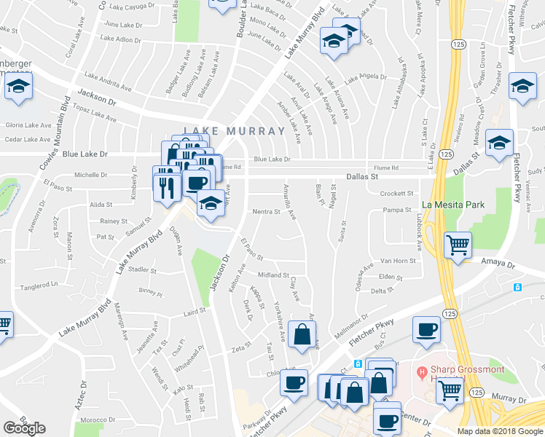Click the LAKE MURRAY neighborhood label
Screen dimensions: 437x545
(x=234, y=131)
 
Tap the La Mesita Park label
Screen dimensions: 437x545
(x=453, y=205)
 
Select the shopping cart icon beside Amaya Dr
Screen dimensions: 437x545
(x=458, y=246)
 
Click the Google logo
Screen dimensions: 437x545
(x=25, y=428)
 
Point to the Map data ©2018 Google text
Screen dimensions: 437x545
(x=500, y=431)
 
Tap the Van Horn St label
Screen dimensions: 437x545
(x=399, y=261)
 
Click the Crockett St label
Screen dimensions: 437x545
(x=396, y=193)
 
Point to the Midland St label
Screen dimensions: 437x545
(x=274, y=275)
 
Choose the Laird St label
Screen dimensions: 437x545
(x=195, y=312)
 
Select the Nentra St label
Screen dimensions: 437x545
(x=266, y=212)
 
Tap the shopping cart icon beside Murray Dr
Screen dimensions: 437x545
(x=450, y=390)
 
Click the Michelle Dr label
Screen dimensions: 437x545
(x=91, y=175)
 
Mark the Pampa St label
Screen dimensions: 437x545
(x=398, y=210)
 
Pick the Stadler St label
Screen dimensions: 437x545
(x=142, y=269)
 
